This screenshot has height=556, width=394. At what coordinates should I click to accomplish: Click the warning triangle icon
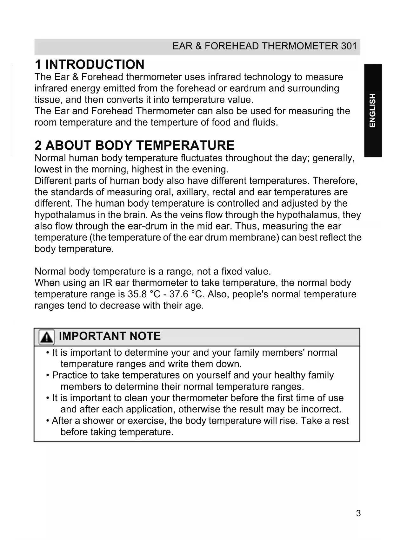coord(46,337)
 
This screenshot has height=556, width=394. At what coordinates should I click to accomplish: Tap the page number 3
coord(358,513)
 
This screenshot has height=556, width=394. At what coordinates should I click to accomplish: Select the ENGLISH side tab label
coord(372,110)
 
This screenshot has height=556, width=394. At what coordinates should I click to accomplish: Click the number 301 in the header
coord(349,46)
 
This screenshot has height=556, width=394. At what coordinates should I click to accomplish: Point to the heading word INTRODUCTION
coord(95,64)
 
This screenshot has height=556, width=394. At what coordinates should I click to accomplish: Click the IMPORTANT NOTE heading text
coord(110,336)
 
